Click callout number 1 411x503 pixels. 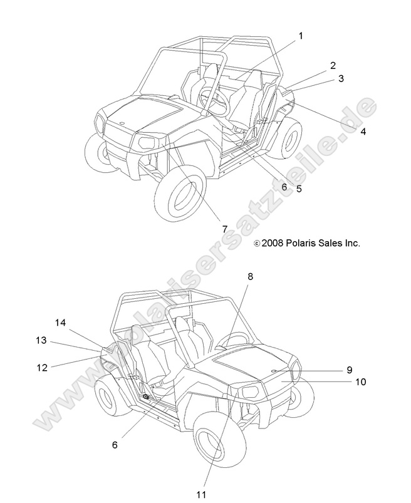pyautogui.click(x=301, y=36)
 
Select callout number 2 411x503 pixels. pyautogui.click(x=333, y=65)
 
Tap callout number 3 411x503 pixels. pyautogui.click(x=341, y=79)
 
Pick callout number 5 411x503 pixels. pyautogui.click(x=299, y=189)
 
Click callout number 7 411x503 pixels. pyautogui.click(x=224, y=229)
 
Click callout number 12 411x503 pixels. pyautogui.click(x=42, y=368)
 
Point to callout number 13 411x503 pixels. pyautogui.click(x=41, y=340)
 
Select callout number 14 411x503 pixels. pyautogui.click(x=60, y=323)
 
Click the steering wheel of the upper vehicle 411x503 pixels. pyautogui.click(x=211, y=100)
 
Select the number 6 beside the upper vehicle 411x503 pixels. pyautogui.click(x=284, y=186)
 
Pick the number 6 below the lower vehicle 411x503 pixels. pyautogui.click(x=115, y=445)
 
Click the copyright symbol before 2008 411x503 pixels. pyautogui.click(x=256, y=243)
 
